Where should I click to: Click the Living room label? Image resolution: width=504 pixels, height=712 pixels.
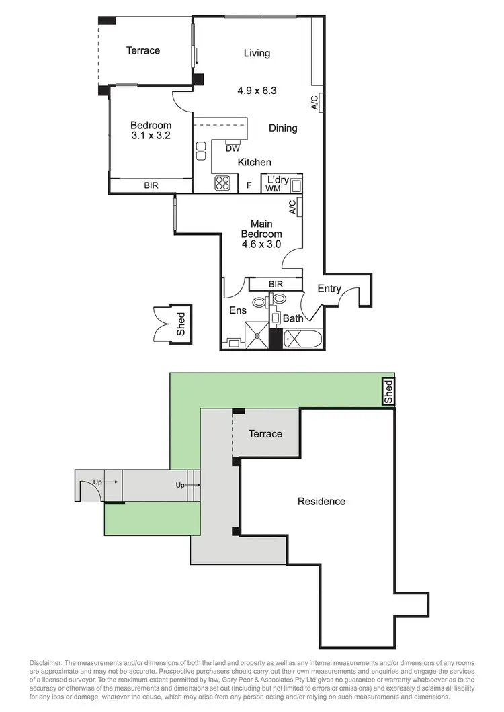(257, 54)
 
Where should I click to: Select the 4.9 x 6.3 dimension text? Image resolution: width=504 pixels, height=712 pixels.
(257, 90)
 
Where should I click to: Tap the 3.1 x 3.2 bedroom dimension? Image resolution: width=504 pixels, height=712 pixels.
(151, 134)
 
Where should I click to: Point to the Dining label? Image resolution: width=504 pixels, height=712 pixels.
(283, 128)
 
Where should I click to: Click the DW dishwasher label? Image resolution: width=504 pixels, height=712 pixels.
(233, 148)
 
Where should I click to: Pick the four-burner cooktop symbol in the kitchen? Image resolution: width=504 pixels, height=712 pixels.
(223, 183)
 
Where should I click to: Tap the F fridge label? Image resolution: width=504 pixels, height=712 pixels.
(249, 185)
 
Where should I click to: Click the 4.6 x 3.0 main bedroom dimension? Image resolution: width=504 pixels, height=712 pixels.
(261, 244)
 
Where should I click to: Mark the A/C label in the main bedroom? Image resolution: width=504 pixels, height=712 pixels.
(292, 208)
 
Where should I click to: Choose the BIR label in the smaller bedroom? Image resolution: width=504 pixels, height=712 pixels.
(151, 185)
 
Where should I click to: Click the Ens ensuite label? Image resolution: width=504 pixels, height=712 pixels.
(238, 310)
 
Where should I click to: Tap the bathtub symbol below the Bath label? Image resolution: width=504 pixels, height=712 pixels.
(303, 339)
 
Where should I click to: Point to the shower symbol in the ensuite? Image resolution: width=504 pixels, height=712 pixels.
(256, 335)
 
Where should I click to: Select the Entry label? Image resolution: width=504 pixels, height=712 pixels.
(329, 289)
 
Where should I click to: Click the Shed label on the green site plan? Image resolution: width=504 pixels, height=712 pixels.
(388, 392)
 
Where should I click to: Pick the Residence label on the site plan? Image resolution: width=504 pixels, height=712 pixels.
(321, 501)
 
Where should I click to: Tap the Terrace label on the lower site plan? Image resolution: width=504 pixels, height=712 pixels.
(265, 434)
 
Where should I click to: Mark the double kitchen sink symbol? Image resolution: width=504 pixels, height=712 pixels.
(200, 151)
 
